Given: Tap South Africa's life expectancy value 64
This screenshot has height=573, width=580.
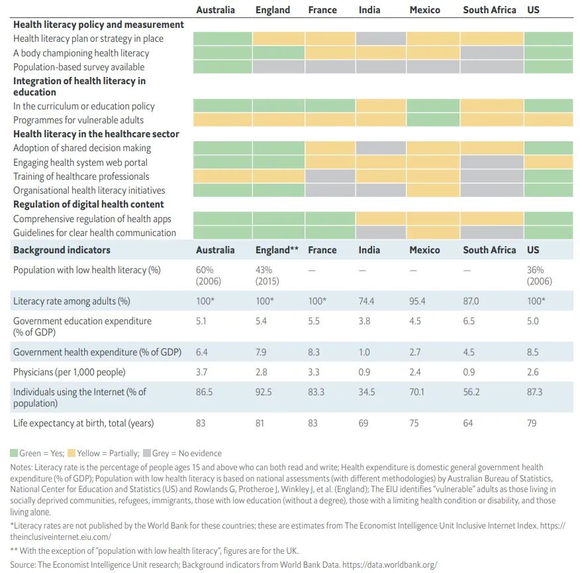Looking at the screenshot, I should click(468, 422).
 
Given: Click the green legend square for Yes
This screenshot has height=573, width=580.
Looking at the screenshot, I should click(14, 454).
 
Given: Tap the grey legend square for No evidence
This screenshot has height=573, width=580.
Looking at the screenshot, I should click(146, 454).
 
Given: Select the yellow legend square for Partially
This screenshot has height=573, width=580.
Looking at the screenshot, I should click(72, 454).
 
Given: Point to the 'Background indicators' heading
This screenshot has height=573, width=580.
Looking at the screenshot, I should click(62, 250).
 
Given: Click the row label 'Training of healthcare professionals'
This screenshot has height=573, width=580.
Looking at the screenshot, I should click(81, 176).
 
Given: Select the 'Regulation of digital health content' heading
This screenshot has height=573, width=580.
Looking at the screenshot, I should click(89, 204).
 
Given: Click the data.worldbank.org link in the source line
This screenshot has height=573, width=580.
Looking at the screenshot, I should click(397, 565).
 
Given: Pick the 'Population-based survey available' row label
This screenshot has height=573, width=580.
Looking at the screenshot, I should click(79, 67).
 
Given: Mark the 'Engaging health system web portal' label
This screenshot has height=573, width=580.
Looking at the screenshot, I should click(80, 162).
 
